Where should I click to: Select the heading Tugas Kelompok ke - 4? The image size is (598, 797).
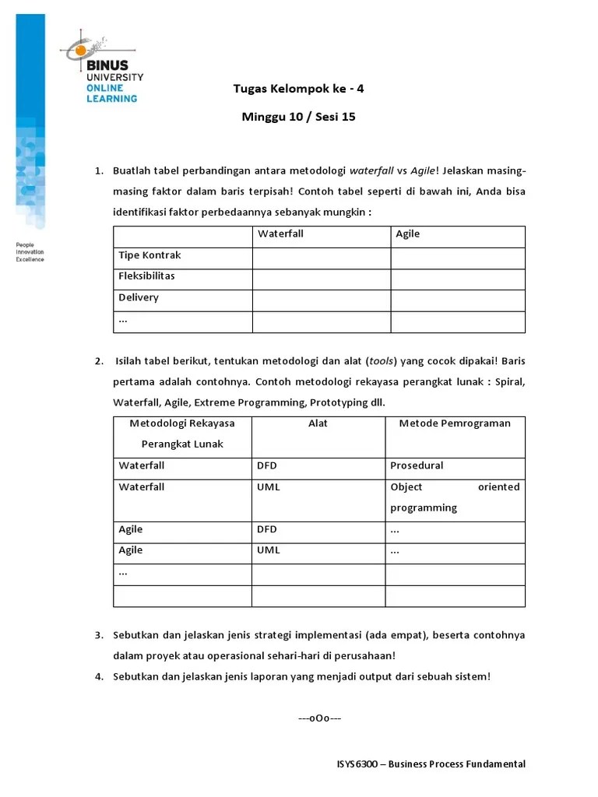(x=298, y=89)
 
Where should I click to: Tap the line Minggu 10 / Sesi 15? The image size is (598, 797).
(x=298, y=118)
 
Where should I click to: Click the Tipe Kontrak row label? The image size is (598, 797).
(x=149, y=255)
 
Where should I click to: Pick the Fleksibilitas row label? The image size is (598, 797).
(x=146, y=276)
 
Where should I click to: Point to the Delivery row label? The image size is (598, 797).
(x=139, y=297)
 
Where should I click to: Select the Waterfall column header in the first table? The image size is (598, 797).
(x=280, y=233)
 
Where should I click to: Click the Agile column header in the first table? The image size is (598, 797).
(x=407, y=233)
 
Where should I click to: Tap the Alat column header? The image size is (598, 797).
(x=318, y=423)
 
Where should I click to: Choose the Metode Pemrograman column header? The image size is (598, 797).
(x=455, y=423)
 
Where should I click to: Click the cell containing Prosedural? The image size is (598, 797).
(x=417, y=465)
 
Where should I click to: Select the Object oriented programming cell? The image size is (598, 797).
(x=455, y=497)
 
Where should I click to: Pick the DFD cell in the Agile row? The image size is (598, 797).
(x=266, y=529)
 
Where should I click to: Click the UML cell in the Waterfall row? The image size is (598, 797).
(x=268, y=487)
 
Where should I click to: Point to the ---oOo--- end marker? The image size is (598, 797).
(x=319, y=718)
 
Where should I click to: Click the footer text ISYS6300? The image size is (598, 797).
(x=352, y=764)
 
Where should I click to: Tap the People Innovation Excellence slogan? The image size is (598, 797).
(x=30, y=252)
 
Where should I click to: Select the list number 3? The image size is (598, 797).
(x=99, y=635)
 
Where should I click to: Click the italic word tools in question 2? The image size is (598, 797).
(x=382, y=360)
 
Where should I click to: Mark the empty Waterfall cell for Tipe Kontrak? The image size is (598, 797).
(x=321, y=258)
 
